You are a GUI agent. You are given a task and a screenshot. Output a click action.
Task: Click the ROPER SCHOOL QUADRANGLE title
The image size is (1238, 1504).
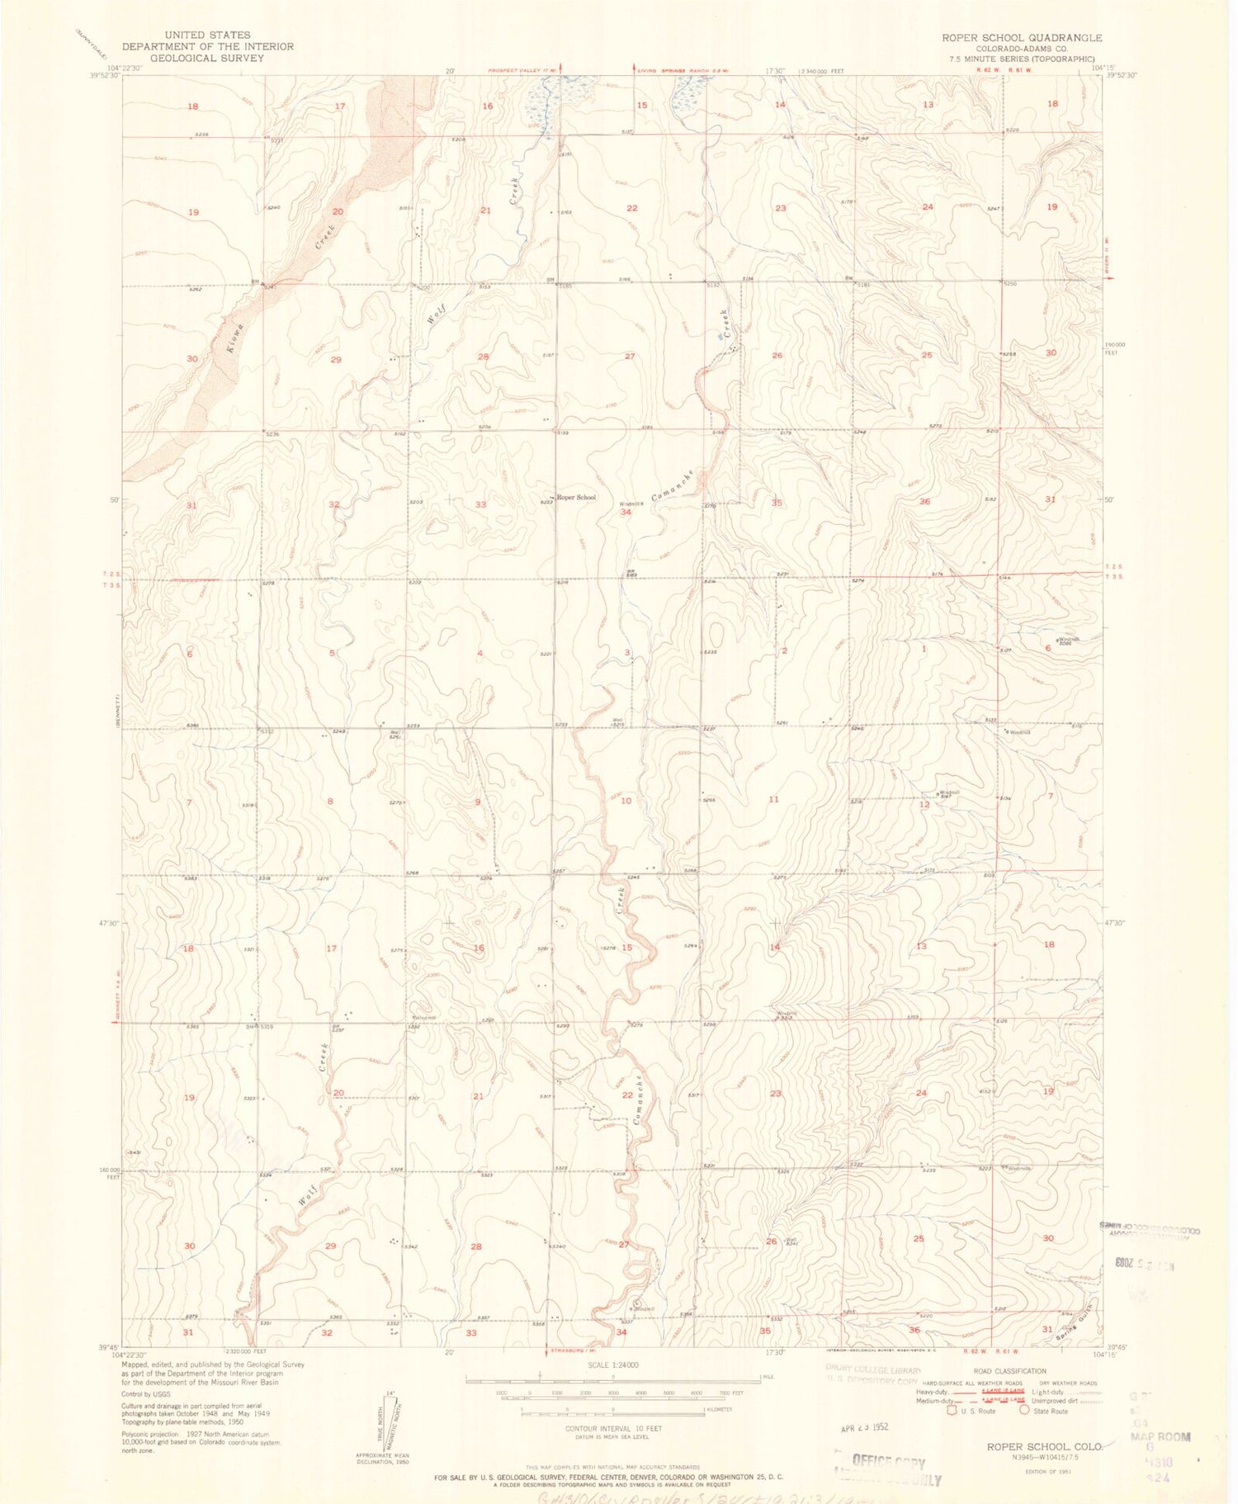coord(1021,38)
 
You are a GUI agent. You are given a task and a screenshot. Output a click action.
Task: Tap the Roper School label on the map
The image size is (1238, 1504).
coord(576,498)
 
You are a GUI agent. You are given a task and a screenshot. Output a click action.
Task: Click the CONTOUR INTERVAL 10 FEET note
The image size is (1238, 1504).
coord(613,1428)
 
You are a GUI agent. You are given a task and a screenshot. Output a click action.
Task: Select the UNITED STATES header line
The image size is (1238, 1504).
coord(207,35)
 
